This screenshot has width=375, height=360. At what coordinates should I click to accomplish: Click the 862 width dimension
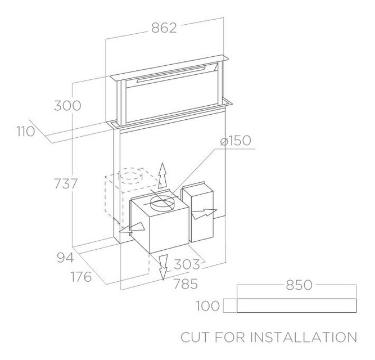164,28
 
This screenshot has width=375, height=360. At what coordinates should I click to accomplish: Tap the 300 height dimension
67,106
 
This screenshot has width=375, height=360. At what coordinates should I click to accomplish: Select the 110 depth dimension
26,132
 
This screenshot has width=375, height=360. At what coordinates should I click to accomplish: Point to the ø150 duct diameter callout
236,141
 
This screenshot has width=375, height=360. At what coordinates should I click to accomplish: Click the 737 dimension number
66,184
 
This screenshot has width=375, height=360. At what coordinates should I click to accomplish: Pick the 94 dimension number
65,258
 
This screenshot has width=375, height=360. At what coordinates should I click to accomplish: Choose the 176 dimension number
82,277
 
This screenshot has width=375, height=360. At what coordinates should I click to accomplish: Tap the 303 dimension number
187,264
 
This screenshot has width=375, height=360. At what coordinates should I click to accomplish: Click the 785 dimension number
186,284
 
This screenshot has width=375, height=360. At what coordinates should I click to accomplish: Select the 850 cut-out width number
299,285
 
